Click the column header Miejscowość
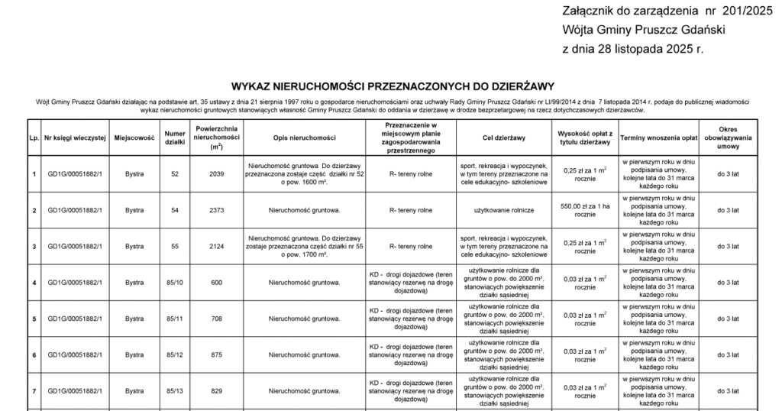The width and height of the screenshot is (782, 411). [134, 138]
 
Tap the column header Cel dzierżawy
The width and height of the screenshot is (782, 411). [504, 138]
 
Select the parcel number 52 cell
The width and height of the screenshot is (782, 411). [175, 174]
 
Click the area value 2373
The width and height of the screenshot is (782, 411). [217, 210]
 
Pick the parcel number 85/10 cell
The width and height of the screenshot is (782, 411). [175, 283]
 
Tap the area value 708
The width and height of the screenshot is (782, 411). [217, 319]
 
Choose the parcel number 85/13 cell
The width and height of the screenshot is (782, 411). [175, 391]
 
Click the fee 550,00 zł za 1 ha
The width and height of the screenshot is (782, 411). [585, 205]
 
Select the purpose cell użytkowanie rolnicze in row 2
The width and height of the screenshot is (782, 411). [504, 210]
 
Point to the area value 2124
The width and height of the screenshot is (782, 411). [217, 247]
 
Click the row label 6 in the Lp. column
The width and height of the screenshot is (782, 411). [34, 355]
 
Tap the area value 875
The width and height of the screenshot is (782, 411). [217, 355]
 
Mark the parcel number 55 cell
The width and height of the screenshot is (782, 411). [175, 247]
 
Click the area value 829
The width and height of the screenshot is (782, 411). [217, 391]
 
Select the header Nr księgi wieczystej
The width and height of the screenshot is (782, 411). [75, 138]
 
